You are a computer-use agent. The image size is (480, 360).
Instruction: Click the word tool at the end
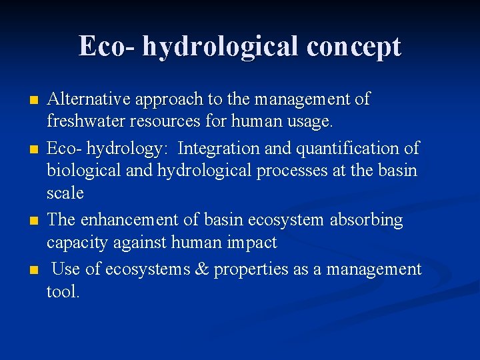click(x=62, y=292)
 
